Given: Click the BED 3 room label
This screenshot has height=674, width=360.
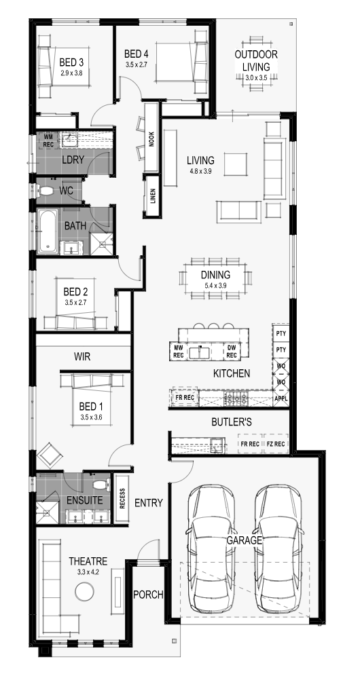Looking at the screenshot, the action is click(x=71, y=62).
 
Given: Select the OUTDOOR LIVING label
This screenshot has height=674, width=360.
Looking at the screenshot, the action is click(x=256, y=60).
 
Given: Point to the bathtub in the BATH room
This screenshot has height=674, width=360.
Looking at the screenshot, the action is click(x=48, y=231).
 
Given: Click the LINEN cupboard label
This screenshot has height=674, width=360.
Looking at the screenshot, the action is click(x=153, y=196).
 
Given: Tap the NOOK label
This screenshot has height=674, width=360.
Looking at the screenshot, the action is click(x=151, y=139).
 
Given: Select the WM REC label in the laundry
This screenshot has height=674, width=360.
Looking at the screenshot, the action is click(x=48, y=141).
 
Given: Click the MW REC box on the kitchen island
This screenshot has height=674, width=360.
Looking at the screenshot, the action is click(x=179, y=351).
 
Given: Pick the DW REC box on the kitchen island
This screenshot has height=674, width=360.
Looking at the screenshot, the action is click(x=232, y=351).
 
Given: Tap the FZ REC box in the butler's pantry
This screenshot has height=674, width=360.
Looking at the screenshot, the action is click(x=276, y=444).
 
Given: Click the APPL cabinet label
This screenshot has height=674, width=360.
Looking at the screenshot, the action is click(x=280, y=398).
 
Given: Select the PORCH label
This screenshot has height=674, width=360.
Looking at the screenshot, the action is click(x=148, y=595).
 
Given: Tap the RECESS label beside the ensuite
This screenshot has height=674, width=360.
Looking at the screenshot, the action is click(x=122, y=499).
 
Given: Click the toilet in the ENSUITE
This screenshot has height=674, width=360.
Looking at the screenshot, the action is click(x=101, y=485).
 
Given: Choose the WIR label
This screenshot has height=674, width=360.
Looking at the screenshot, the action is click(x=82, y=357).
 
